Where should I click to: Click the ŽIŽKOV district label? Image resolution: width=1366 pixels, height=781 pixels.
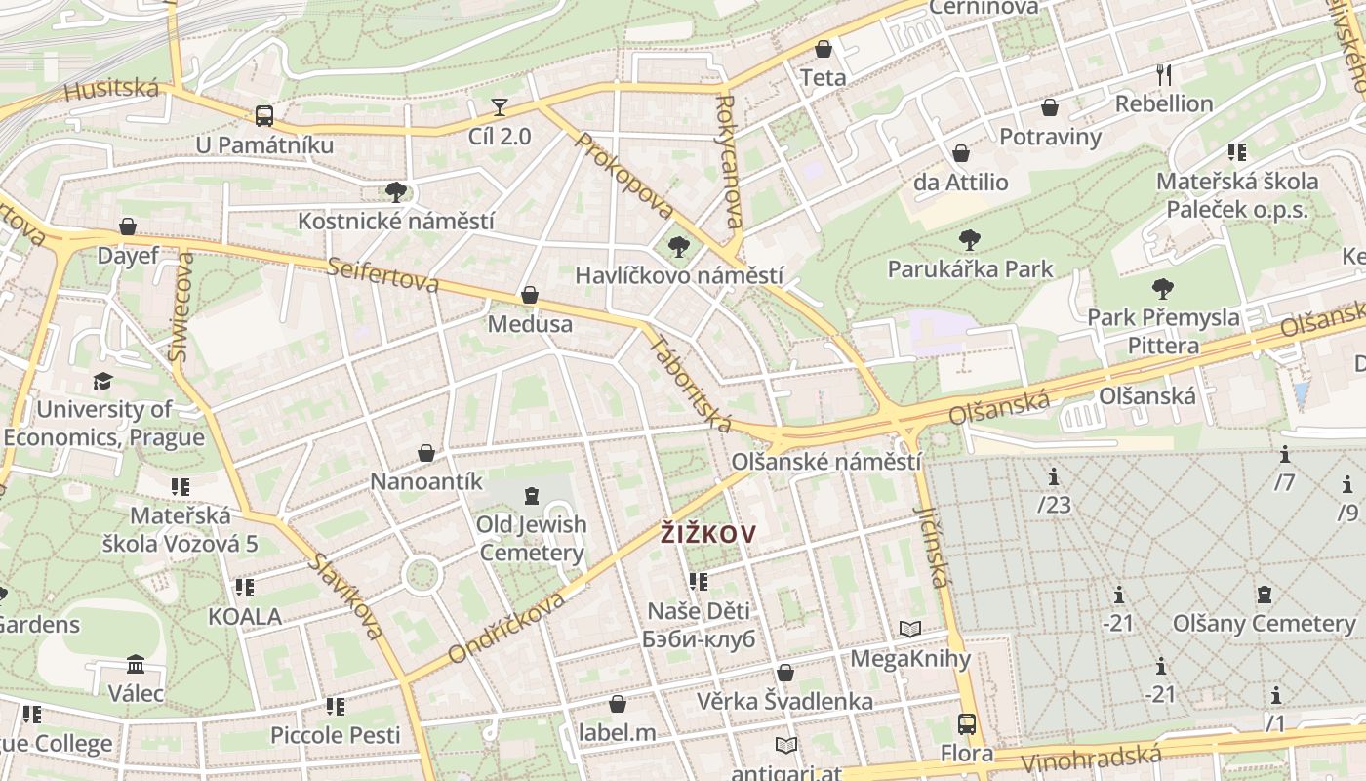[708, 533]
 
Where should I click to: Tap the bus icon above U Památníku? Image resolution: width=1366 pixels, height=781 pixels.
[263, 115]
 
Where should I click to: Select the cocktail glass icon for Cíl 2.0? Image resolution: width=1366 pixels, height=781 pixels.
[500, 106]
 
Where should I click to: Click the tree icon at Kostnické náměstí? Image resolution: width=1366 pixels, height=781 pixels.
[395, 190]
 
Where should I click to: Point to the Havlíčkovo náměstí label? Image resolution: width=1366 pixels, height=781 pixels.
[678, 275]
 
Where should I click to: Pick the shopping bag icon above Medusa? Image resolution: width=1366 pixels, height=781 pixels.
[530, 295]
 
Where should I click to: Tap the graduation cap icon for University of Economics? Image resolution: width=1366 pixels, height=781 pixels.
[103, 381]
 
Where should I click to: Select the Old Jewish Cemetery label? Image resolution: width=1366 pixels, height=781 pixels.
[532, 539]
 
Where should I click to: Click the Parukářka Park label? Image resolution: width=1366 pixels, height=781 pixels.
[970, 268]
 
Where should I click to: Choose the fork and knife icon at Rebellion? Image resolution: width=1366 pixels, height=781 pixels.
[1163, 74]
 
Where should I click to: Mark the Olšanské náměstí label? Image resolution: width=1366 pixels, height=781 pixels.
[825, 461]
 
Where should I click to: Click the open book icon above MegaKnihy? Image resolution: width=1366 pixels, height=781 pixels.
[910, 630]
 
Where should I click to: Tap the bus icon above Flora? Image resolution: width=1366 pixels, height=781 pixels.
[966, 724]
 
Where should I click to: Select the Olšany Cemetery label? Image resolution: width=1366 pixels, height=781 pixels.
[1264, 623]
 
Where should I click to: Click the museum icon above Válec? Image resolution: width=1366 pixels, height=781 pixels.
[136, 665]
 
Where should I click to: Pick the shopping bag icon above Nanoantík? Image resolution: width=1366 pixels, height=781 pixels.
[426, 453]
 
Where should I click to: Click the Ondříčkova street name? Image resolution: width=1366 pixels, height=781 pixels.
[506, 629]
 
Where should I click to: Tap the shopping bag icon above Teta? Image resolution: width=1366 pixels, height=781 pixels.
[824, 49]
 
